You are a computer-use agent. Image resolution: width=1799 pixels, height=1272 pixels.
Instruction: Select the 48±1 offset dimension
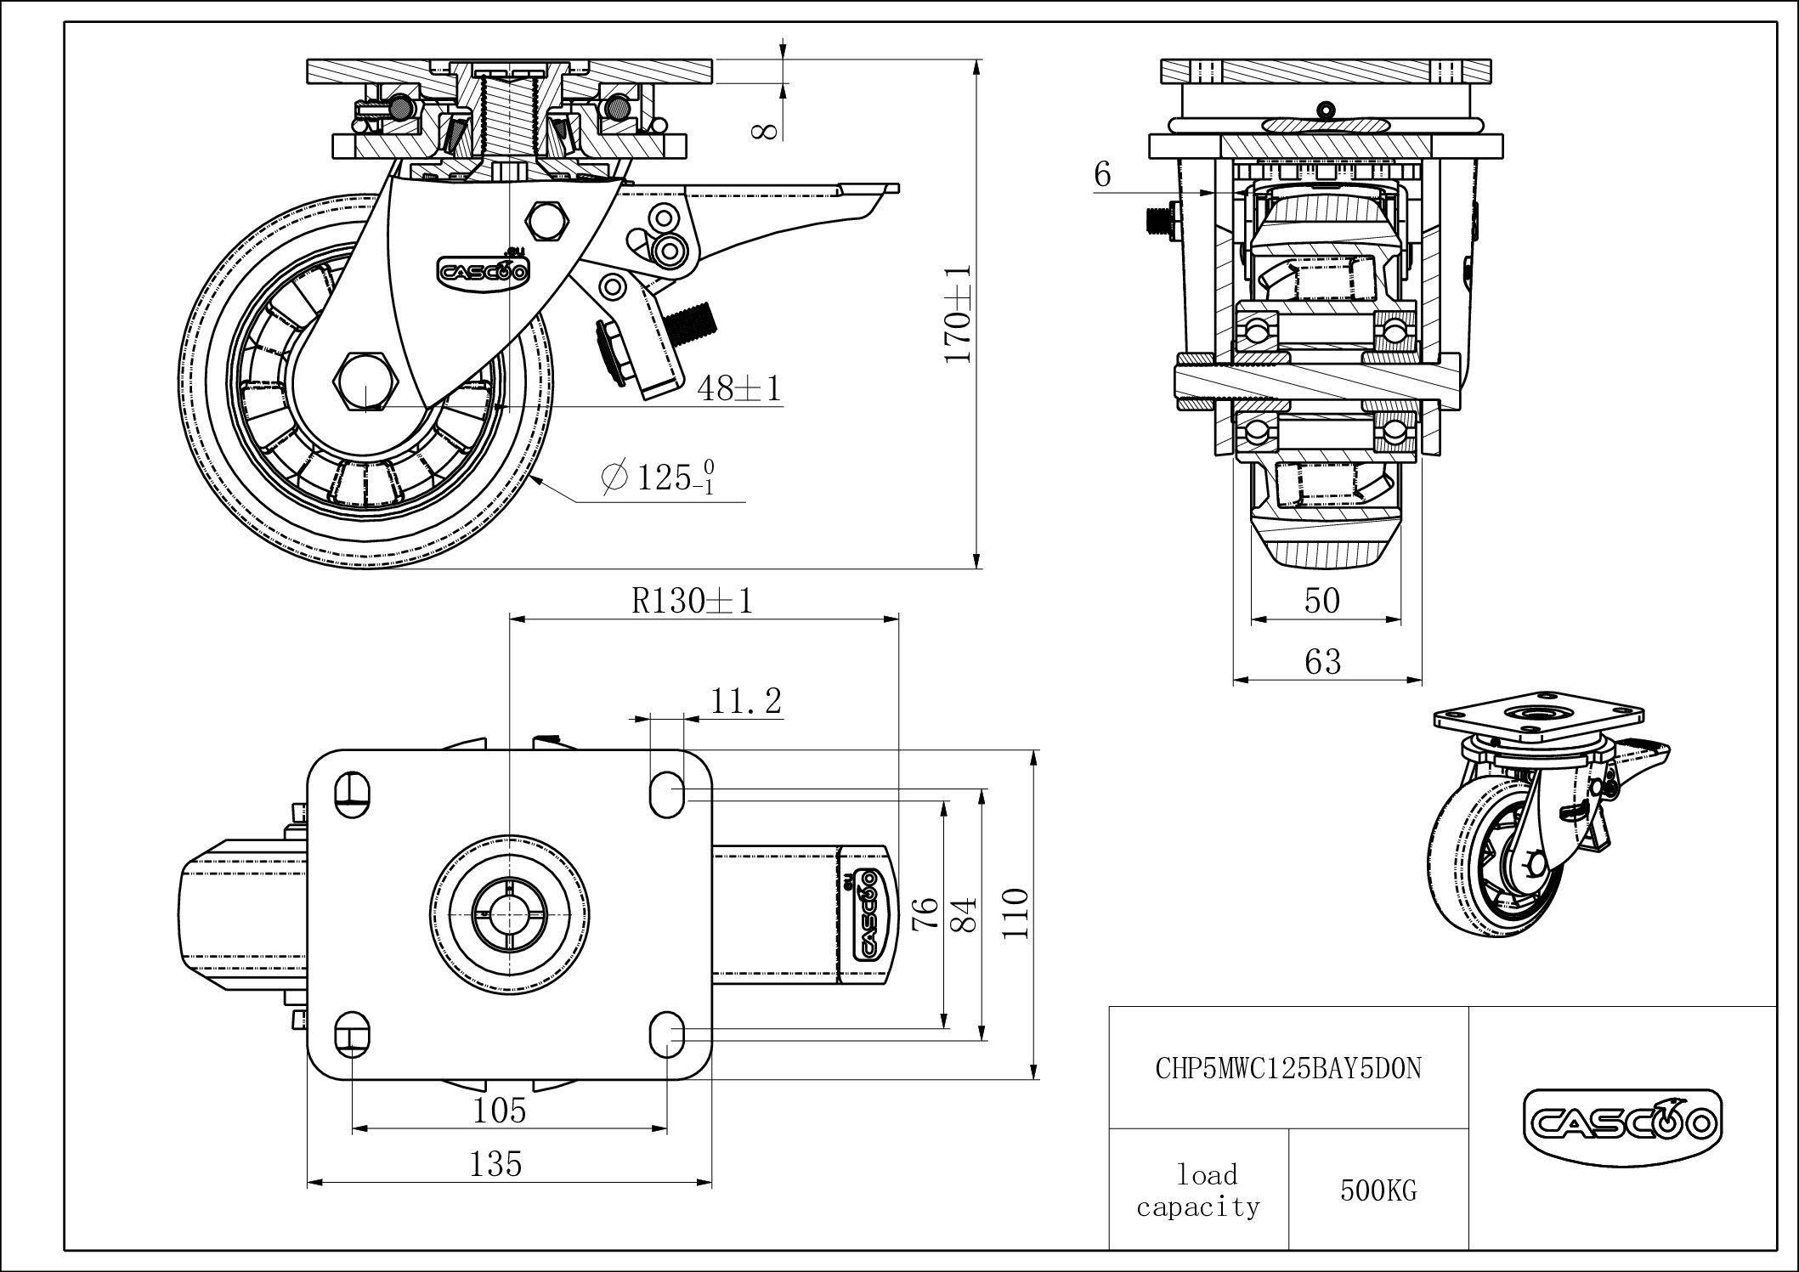click(738, 388)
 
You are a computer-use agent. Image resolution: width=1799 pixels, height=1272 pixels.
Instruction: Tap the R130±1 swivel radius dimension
click(693, 602)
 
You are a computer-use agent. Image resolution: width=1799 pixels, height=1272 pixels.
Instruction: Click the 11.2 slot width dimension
click(745, 702)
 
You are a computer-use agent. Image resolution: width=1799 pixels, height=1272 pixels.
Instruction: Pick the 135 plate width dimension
click(496, 1163)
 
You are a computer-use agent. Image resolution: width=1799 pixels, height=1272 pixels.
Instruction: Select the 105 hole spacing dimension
click(499, 1110)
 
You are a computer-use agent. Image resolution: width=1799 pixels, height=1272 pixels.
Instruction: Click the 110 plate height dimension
click(1016, 913)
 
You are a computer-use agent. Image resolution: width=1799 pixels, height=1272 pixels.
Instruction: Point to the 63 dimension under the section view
click(1322, 662)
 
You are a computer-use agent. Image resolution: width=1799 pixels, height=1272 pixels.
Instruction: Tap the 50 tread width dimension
click(1322, 602)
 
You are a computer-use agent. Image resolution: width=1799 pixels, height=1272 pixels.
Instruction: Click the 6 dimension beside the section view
click(1102, 174)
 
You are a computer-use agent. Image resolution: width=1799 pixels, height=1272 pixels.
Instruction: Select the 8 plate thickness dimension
click(765, 129)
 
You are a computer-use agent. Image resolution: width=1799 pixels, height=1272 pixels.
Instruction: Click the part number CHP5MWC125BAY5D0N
click(1288, 1068)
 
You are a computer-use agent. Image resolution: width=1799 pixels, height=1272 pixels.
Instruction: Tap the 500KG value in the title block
click(1378, 1191)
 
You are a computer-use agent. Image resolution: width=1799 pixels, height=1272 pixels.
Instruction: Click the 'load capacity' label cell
click(1198, 1190)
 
